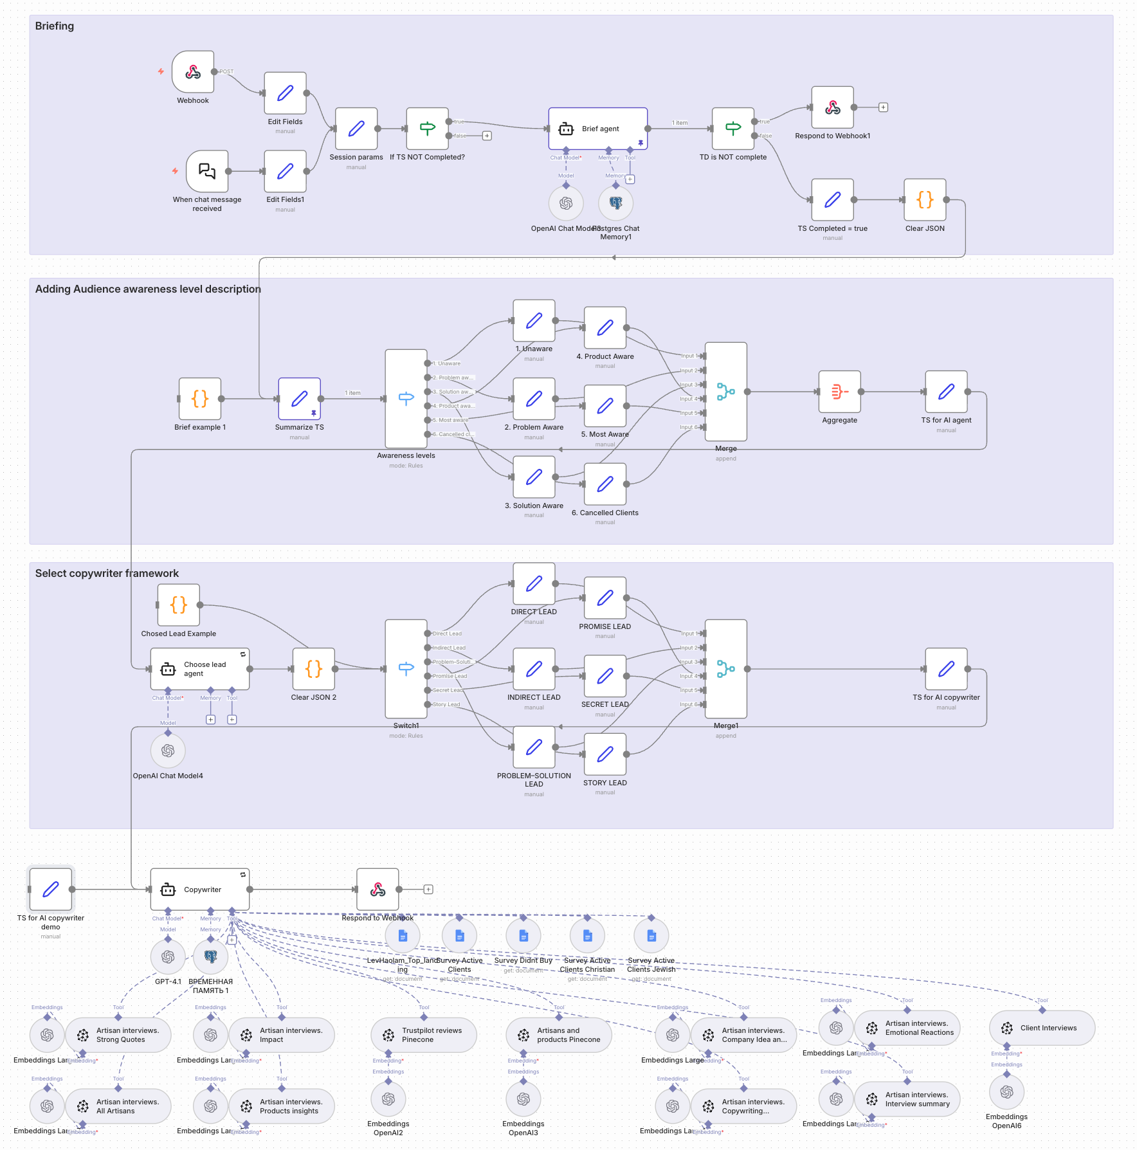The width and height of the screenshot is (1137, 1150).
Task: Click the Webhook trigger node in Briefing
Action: coord(193,72)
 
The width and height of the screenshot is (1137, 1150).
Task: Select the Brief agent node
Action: coord(597,129)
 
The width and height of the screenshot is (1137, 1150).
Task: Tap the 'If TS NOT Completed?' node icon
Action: coord(427,129)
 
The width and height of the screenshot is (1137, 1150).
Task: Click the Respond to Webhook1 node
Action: coord(832,107)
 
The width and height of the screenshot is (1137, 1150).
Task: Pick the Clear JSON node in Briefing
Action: coord(925,200)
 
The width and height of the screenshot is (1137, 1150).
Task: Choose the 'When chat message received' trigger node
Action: coord(207,171)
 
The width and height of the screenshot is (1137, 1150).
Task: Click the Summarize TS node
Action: coord(299,399)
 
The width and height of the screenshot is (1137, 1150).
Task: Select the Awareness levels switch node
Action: coord(406,399)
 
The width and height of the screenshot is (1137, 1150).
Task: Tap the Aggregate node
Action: coord(839,392)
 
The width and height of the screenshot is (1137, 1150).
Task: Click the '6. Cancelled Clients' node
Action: coord(605,484)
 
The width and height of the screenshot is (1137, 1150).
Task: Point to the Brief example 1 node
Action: coord(200,399)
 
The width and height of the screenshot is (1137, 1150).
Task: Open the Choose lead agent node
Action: coord(200,669)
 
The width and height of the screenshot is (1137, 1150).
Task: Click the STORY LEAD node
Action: coord(605,754)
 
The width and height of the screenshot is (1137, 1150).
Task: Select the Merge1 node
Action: coord(725,669)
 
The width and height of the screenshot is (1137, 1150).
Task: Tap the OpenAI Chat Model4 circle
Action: coord(168,751)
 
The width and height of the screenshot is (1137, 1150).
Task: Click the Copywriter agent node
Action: coord(200,890)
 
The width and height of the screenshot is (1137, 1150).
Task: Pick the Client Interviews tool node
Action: coord(1042,1028)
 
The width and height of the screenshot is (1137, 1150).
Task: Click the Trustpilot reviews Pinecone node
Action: coord(424,1035)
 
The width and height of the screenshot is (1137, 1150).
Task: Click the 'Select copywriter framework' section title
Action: coord(107,573)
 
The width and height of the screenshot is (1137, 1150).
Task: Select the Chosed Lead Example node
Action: coord(179,605)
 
